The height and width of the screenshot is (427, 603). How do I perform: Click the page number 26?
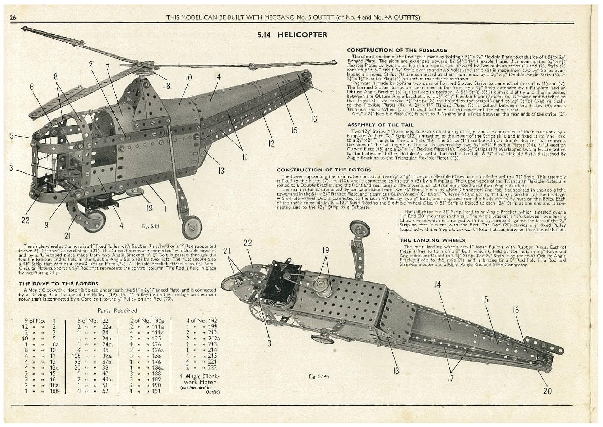pos(13,18)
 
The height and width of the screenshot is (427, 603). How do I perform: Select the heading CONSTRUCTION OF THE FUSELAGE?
pos(397,50)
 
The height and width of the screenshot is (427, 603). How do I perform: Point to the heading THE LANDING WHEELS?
pos(432,240)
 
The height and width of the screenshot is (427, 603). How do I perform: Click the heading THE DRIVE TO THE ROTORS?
pos(58,284)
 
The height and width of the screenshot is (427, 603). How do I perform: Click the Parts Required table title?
pos(117,311)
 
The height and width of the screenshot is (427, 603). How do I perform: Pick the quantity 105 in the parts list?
pos(76,356)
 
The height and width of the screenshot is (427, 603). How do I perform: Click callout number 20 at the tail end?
pos(547,391)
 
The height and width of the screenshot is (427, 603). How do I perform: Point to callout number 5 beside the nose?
pos(12,136)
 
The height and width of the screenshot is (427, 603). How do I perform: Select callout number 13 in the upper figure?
pos(221,171)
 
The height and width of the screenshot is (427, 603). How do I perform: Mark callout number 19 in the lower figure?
pos(326,250)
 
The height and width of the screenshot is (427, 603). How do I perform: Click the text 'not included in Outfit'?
pos(200,390)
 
